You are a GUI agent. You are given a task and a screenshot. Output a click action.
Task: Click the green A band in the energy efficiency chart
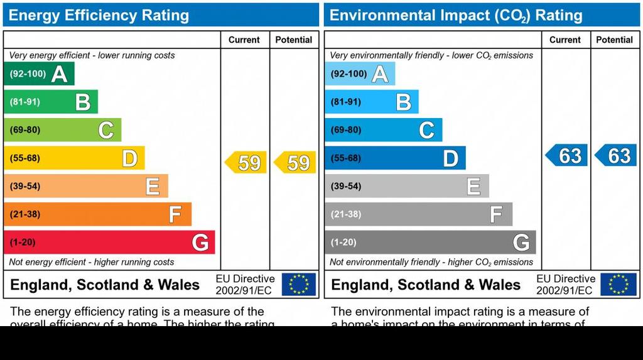tap(39, 74)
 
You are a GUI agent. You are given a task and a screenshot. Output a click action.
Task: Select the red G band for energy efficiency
tap(109, 242)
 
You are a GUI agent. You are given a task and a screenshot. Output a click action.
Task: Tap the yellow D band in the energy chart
tap(74, 158)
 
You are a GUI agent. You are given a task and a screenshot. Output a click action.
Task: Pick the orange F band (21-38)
tap(97, 214)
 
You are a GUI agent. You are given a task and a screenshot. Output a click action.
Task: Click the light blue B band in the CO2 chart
tap(371, 102)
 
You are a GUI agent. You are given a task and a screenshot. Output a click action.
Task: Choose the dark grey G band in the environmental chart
tap(430, 242)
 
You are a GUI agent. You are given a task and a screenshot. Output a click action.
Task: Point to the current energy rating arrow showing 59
tap(246, 163)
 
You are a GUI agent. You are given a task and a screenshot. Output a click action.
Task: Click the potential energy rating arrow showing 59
tap(295, 163)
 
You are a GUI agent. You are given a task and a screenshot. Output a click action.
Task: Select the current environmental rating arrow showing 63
tap(567, 155)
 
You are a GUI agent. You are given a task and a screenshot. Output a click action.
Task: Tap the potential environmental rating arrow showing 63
tap(616, 155)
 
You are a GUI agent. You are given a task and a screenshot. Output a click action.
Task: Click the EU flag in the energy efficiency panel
tap(299, 284)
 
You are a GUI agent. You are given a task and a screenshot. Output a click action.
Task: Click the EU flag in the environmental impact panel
tap(619, 284)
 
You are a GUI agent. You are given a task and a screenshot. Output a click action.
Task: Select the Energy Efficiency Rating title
tap(99, 16)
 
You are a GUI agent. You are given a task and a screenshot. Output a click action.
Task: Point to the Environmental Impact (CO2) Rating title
tap(456, 16)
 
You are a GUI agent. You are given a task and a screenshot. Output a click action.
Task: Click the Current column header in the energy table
tap(244, 40)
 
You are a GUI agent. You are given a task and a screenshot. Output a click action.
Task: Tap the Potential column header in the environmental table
tap(614, 40)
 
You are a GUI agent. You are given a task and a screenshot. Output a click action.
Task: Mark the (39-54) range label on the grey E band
tap(346, 186)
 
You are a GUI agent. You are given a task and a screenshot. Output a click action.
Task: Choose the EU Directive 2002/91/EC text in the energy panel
tap(245, 285)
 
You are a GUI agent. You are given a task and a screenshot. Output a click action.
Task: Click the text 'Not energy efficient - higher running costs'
tap(92, 262)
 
